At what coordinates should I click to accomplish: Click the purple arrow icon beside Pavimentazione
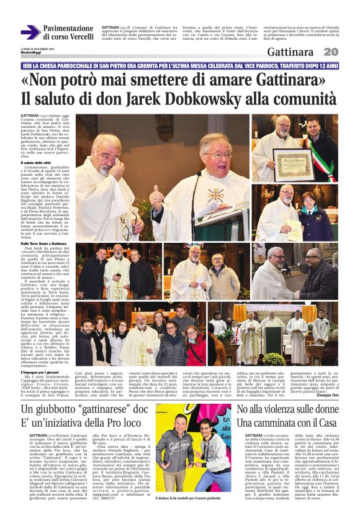coord(29,31)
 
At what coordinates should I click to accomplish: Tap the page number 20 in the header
coord(331,52)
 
